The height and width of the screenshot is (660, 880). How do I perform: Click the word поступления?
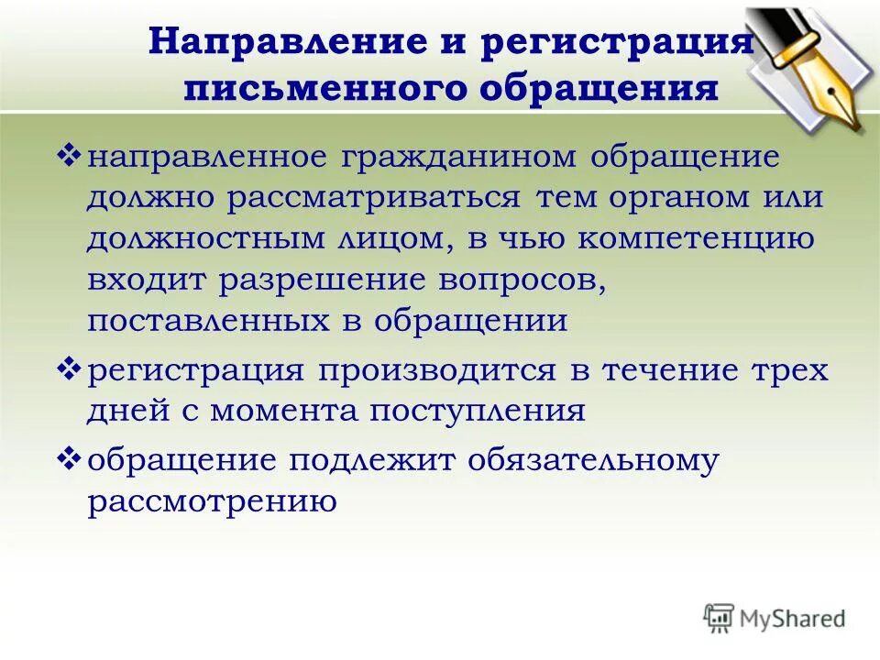tap(477, 410)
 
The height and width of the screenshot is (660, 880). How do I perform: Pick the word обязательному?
tap(592, 459)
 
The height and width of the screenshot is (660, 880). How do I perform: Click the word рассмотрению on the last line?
tap(208, 500)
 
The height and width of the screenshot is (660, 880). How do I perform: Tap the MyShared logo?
tap(775, 616)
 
